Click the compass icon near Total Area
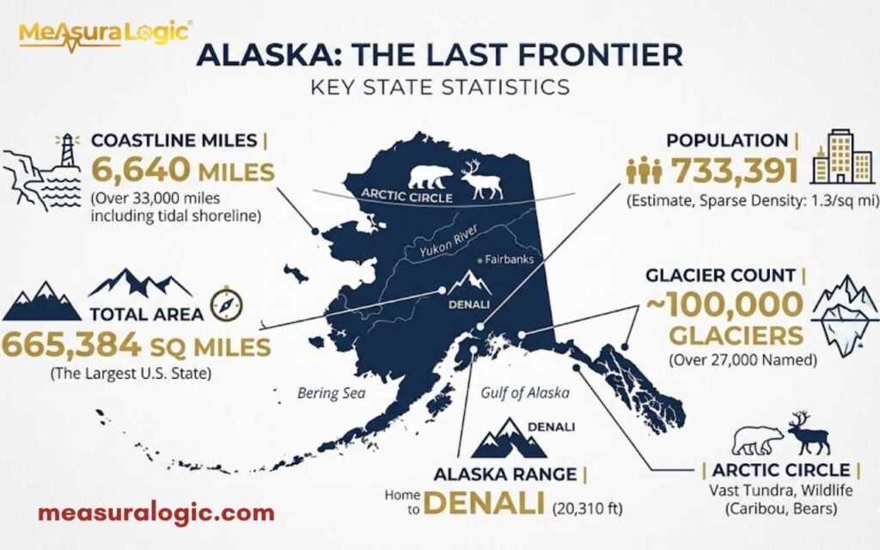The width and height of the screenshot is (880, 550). [x=227, y=303]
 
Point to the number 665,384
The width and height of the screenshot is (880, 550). [x=70, y=345]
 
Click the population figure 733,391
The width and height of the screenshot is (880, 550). [x=736, y=172]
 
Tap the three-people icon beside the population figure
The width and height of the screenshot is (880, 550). [x=644, y=172]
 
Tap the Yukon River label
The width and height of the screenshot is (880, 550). [x=448, y=244]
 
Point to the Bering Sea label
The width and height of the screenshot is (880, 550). [x=332, y=394]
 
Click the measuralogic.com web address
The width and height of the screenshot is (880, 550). [x=156, y=513]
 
